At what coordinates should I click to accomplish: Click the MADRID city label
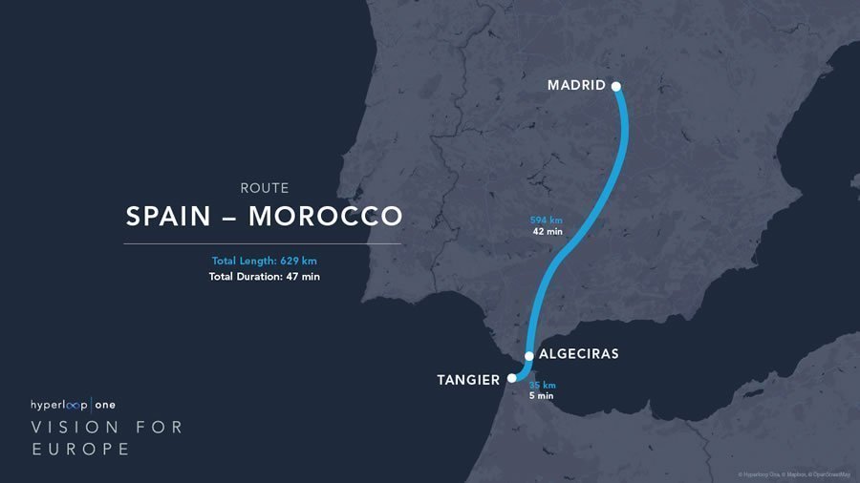coord(575,85)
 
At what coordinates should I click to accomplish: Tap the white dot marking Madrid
coord(616,86)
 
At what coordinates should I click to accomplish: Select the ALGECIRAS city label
coord(579,353)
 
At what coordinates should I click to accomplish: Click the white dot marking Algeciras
coord(529,355)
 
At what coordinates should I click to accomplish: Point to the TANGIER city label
coord(468,380)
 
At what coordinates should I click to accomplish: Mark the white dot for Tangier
coord(512,378)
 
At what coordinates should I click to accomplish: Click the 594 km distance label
coord(547,220)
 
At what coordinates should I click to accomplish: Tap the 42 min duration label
coord(547,231)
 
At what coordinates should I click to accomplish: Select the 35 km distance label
coord(543,385)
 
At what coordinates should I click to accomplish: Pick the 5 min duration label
coord(541,395)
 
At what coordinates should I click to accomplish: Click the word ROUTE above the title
coord(264,188)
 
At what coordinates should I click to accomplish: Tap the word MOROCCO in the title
coord(326,216)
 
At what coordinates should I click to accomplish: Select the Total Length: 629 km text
coord(264,262)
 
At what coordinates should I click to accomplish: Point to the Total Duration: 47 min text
coord(264,277)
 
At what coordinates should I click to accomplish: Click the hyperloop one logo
coord(73,405)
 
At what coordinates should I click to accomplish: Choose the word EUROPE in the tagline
coord(80,449)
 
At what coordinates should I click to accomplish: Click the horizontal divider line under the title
coord(262,243)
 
